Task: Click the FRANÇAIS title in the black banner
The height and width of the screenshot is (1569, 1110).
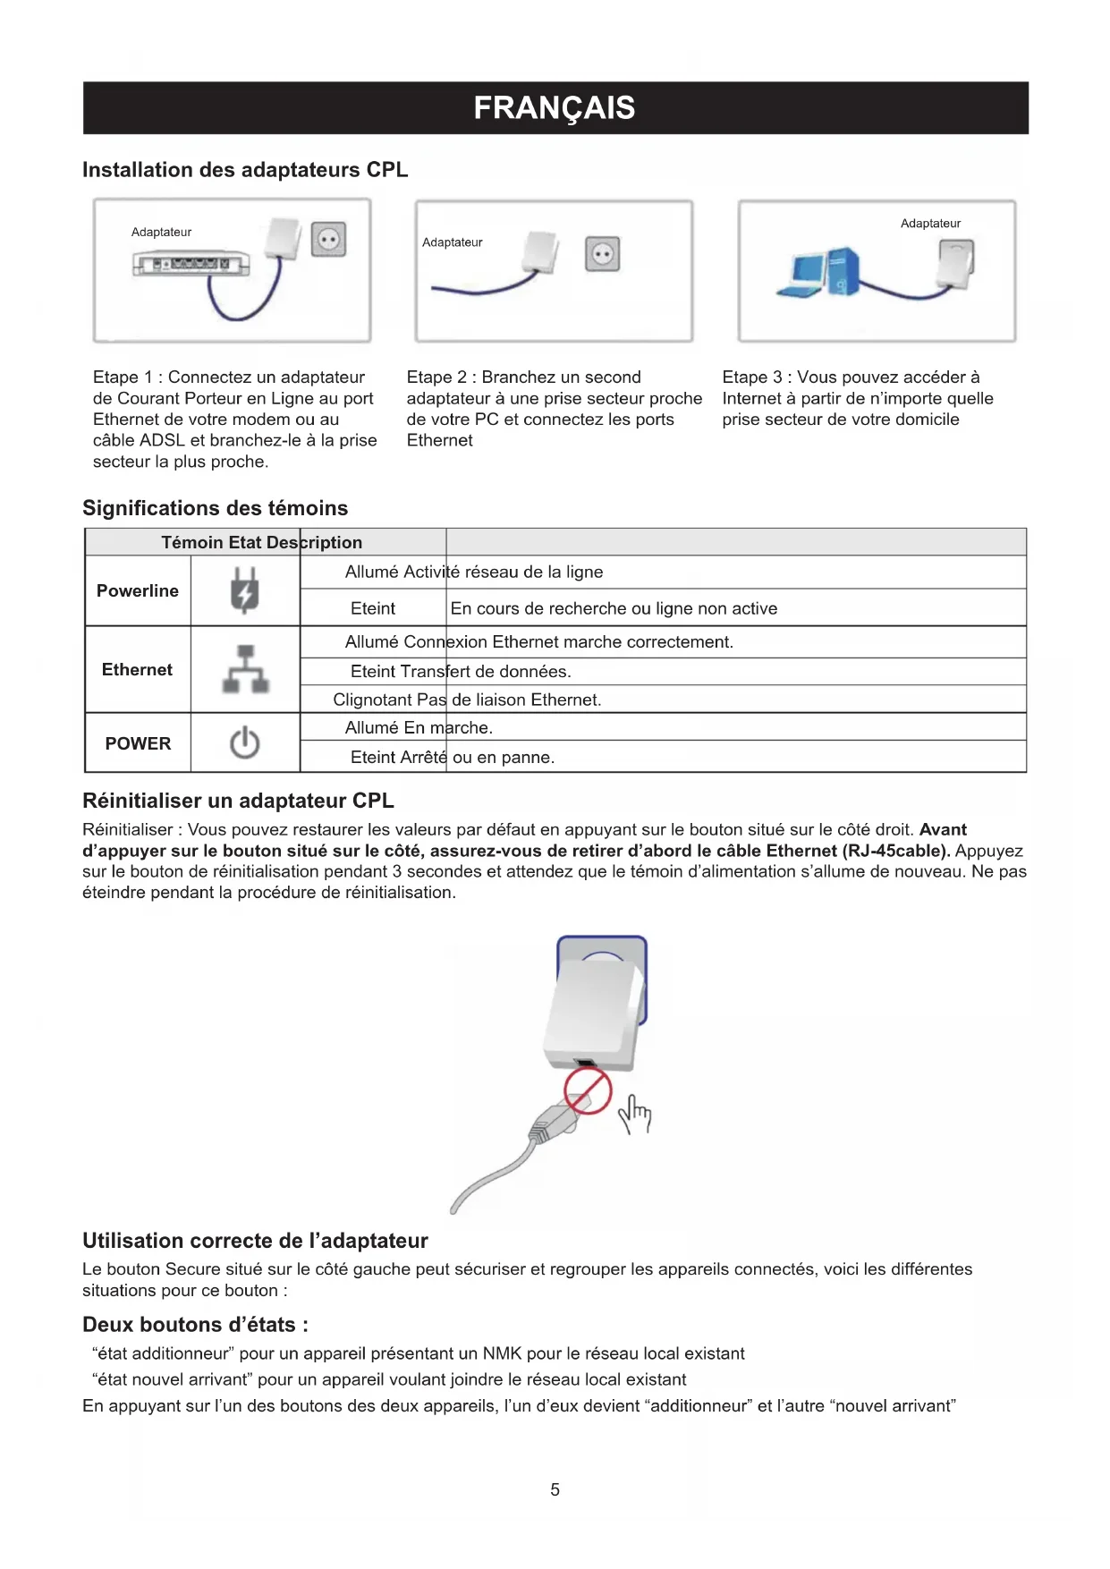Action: (x=555, y=108)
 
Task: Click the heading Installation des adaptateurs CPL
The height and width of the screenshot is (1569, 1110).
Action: (x=245, y=170)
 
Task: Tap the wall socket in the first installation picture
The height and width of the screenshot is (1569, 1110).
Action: (x=328, y=240)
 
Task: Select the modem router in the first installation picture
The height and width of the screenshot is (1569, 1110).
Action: (x=191, y=264)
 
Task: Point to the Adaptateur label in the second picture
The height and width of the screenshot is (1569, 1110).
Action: (x=452, y=242)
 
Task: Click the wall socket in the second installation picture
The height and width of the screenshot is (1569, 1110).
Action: (x=602, y=254)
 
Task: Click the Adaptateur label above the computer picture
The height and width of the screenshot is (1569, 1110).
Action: (x=930, y=224)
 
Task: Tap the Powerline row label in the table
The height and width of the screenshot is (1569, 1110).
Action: (x=138, y=591)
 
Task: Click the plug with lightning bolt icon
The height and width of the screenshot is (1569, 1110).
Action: (x=244, y=591)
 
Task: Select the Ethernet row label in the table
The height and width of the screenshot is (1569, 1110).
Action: (x=137, y=670)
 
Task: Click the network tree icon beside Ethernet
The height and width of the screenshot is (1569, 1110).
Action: (x=245, y=670)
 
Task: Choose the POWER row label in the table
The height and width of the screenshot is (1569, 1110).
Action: (x=138, y=744)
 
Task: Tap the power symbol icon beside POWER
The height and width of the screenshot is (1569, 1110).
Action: (x=244, y=743)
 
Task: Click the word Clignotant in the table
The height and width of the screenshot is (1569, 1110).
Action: (x=374, y=700)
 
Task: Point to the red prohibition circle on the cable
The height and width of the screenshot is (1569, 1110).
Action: (x=588, y=1092)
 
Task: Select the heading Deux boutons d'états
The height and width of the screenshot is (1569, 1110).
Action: (x=195, y=1325)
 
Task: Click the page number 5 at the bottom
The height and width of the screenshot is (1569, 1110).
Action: (x=555, y=1490)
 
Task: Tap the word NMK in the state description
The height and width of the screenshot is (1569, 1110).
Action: (x=502, y=1354)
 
